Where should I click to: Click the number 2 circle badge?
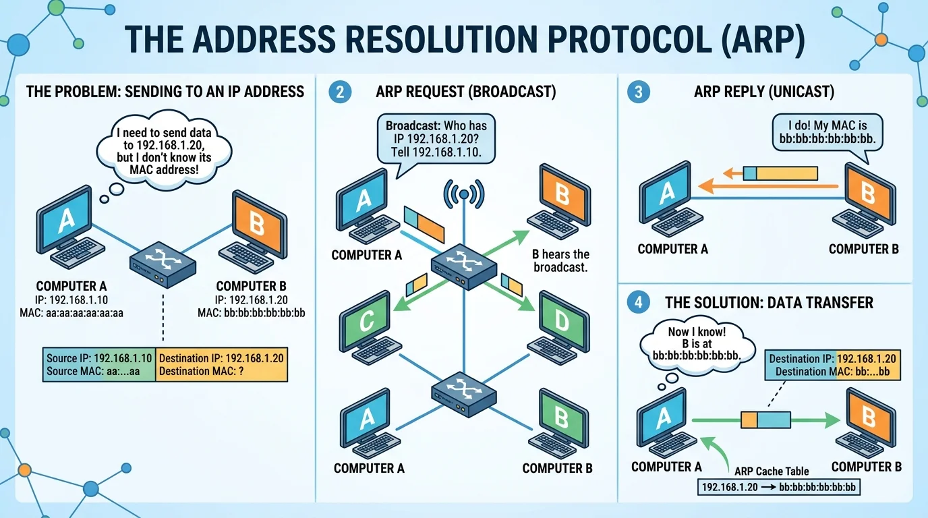coord(340,92)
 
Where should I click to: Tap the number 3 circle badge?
coord(639,92)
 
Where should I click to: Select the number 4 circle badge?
coord(639,302)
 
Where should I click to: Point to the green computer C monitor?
coord(366,320)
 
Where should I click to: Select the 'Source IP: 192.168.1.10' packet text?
coord(99,358)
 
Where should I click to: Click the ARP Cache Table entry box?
coord(779,487)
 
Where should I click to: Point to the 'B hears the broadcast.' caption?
coord(560,260)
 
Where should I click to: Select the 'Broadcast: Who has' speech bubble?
coord(436,139)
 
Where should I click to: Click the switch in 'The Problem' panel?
coord(163,264)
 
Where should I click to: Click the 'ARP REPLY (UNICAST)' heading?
coord(764,92)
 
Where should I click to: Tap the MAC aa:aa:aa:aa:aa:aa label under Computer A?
coord(71,313)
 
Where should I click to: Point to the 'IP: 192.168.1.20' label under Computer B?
coord(251,300)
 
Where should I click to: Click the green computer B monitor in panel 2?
coord(563,419)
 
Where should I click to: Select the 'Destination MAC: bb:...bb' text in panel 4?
coord(833,372)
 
